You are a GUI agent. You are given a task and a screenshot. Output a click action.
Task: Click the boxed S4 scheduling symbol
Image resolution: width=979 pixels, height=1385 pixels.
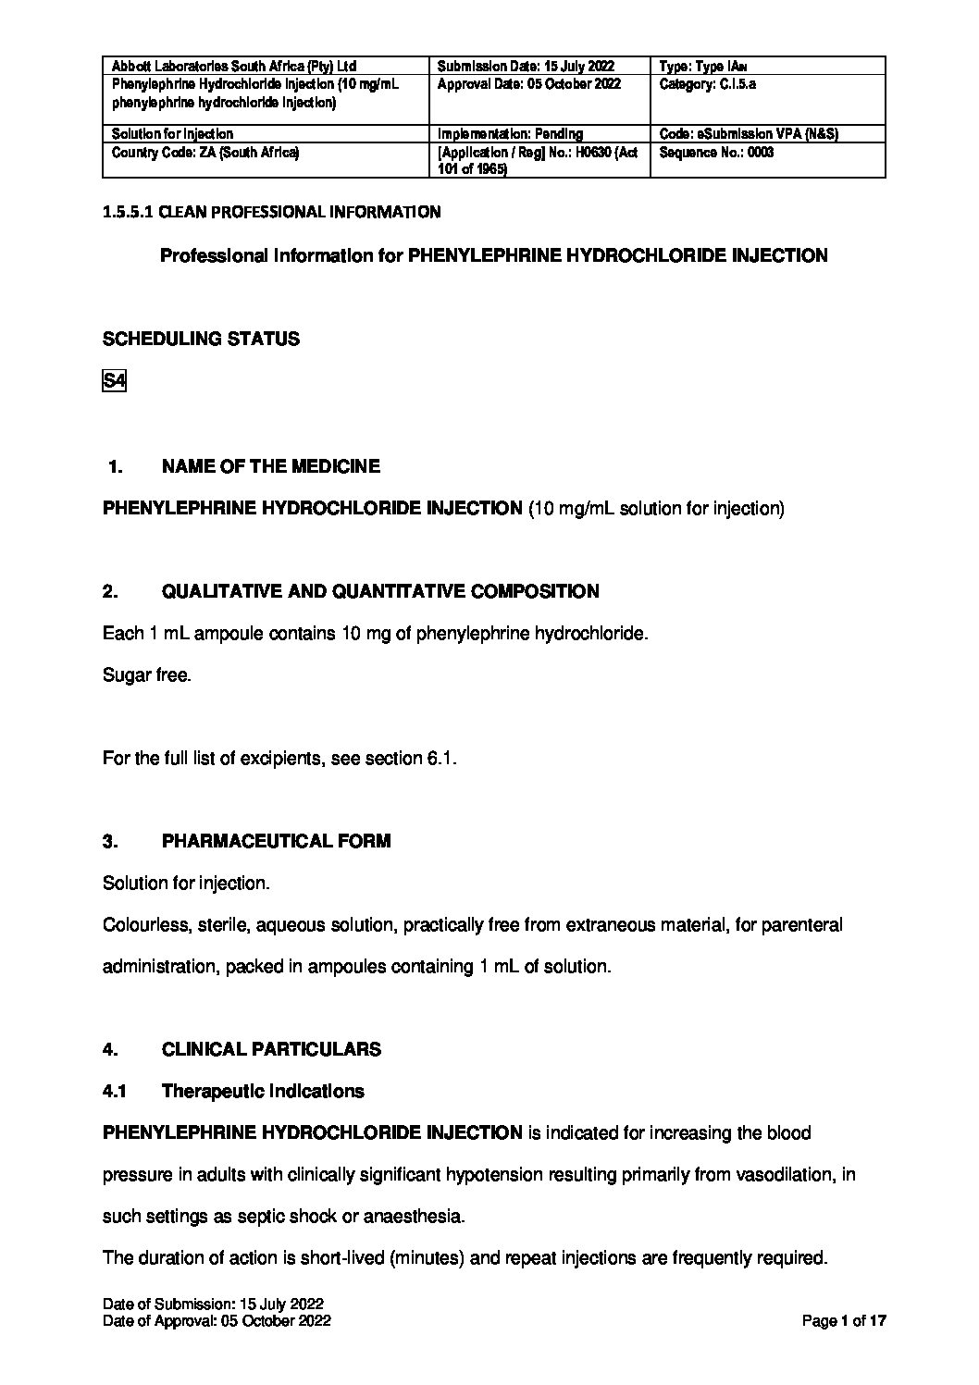pyautogui.click(x=114, y=381)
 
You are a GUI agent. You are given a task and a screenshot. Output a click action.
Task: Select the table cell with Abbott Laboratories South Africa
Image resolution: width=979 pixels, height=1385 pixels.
pyautogui.click(x=233, y=67)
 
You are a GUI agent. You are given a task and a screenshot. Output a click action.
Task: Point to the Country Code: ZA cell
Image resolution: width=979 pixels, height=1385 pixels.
pyautogui.click(x=205, y=153)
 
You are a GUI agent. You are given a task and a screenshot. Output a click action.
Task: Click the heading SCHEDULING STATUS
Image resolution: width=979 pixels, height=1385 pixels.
pyautogui.click(x=201, y=339)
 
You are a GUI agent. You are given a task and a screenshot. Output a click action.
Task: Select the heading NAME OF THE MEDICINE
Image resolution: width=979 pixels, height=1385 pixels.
pyautogui.click(x=270, y=466)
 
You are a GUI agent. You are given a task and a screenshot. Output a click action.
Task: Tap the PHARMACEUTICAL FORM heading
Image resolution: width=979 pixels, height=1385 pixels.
pyautogui.click(x=276, y=841)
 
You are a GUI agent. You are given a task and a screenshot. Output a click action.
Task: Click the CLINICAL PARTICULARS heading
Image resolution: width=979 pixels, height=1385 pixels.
pyautogui.click(x=271, y=1049)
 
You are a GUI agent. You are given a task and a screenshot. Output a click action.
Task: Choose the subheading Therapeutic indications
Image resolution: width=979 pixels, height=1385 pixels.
pyautogui.click(x=263, y=1091)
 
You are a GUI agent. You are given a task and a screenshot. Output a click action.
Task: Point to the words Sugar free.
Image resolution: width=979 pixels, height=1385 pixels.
pyautogui.click(x=146, y=675)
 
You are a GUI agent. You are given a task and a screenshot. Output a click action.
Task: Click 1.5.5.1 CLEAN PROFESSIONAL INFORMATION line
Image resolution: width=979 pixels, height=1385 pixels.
pyautogui.click(x=271, y=212)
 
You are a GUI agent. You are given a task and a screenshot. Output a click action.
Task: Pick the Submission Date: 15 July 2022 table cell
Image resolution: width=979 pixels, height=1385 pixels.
pyautogui.click(x=525, y=67)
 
